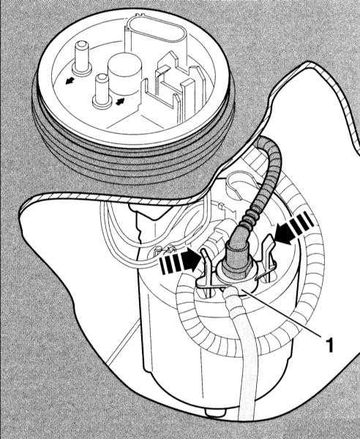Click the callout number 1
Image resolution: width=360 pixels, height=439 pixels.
click(x=330, y=345)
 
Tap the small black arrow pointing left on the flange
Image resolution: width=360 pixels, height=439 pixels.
click(x=70, y=80)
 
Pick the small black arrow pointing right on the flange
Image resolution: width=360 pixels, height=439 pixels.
click(x=120, y=101)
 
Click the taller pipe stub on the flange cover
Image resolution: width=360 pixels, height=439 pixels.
click(x=82, y=59)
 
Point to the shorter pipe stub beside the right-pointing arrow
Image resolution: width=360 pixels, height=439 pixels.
click(x=101, y=91)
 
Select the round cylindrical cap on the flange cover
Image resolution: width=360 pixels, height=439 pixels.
click(x=125, y=73)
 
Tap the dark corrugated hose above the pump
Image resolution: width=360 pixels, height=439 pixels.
click(x=266, y=179)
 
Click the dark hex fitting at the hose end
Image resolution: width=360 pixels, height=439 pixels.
click(x=237, y=259)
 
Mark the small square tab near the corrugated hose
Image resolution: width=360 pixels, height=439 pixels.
click(x=220, y=206)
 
